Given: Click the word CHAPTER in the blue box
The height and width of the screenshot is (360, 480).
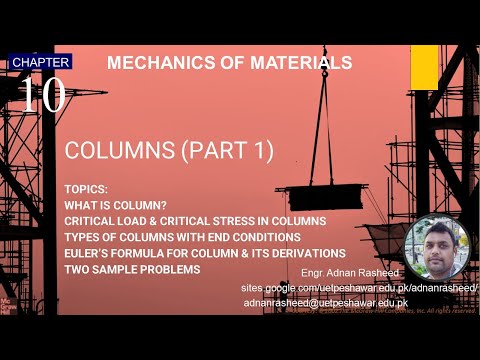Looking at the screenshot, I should pyautogui.click(x=41, y=62).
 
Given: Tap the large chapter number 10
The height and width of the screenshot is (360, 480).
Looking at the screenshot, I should pyautogui.click(x=42, y=95).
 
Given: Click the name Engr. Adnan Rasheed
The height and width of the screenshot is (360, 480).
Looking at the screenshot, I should pyautogui.click(x=347, y=272).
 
